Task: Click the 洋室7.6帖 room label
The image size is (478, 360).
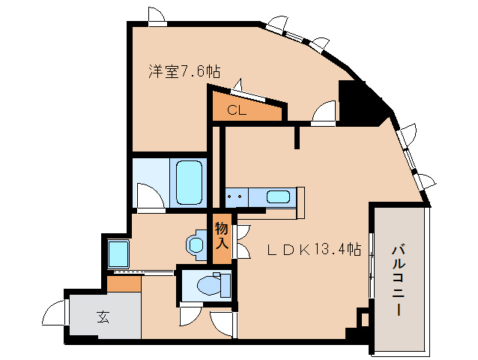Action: click(184, 72)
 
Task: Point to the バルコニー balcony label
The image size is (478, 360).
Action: click(399, 280)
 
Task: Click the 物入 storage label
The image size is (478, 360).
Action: click(222, 235)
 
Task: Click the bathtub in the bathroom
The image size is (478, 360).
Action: click(189, 181)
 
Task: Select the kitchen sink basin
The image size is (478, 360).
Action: click(279, 197)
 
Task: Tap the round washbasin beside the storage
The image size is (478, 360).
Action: click(196, 244)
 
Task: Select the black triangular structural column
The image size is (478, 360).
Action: click(361, 102)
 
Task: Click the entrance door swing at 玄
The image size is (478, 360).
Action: click(56, 310)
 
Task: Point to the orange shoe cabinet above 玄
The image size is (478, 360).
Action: click(124, 284)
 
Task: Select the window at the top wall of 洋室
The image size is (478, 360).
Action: click(157, 16)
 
